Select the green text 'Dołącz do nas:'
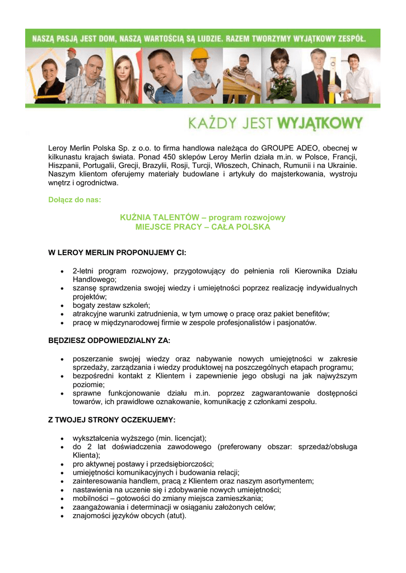pos(75,199)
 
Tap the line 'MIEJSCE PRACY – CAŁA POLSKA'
pos(203,227)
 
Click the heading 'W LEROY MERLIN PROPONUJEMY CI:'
pos(117,253)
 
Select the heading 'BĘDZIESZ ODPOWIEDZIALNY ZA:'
pos(110,340)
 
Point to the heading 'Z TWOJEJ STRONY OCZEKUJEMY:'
pos(112,419)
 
